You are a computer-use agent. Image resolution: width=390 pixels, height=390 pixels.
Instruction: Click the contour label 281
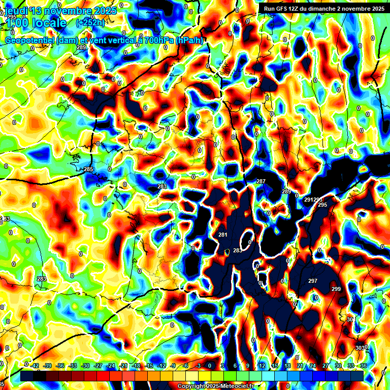(222, 234)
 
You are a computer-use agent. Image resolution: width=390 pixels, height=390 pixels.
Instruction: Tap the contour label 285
(88, 169)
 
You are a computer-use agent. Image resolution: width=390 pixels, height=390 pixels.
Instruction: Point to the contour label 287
(261, 181)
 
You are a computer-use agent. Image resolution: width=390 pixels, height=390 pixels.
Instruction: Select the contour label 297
(313, 281)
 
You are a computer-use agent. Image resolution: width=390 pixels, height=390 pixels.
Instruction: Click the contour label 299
(336, 289)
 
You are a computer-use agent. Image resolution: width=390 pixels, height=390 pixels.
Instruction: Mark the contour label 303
(360, 347)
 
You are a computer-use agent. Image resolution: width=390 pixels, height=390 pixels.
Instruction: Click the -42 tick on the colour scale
(35, 366)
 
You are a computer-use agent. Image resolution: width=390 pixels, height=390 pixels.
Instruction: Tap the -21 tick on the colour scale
(123, 366)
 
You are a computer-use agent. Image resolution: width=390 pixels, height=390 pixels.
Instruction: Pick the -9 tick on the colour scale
(173, 366)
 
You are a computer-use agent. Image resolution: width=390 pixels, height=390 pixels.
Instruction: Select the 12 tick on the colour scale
(262, 366)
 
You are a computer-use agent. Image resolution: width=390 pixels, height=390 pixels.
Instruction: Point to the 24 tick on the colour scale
(312, 366)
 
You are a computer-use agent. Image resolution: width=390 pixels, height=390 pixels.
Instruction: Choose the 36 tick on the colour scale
(364, 366)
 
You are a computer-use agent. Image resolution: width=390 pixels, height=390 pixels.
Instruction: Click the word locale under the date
(49, 23)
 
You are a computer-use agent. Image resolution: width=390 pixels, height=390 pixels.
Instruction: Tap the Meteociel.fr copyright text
(216, 386)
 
